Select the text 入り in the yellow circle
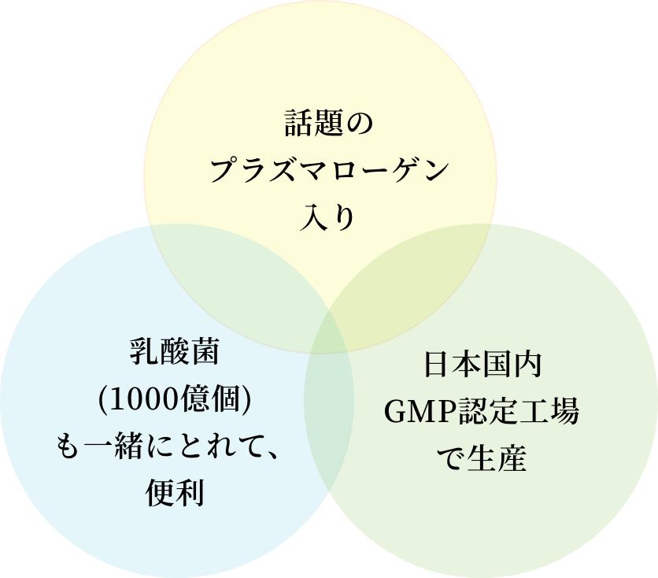[x=327, y=217]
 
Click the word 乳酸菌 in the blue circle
[x=174, y=353]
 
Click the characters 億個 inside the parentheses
[x=215, y=401]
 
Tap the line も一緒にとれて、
[x=174, y=448]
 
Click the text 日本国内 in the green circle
[x=482, y=365]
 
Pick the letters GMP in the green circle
[x=416, y=412]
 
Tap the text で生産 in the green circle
[x=482, y=458]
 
